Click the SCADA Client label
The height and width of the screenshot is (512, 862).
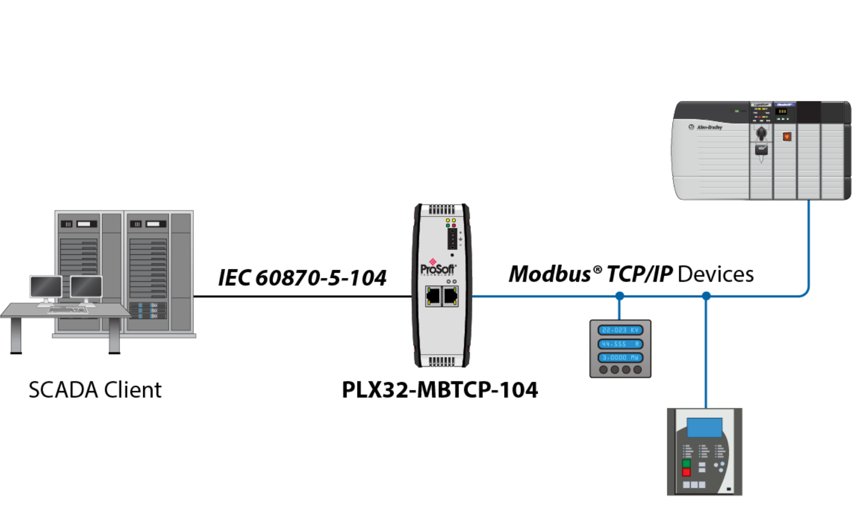click(x=95, y=390)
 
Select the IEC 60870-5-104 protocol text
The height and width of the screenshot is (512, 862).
click(x=302, y=278)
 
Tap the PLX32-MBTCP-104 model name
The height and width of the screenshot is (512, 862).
click(x=439, y=390)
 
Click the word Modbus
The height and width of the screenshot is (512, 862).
click(x=549, y=274)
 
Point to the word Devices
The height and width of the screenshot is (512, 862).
click(x=715, y=274)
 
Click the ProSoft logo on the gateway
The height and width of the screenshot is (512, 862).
click(x=438, y=268)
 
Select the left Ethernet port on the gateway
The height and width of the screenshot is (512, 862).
click(x=434, y=296)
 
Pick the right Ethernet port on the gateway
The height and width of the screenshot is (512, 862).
click(x=451, y=296)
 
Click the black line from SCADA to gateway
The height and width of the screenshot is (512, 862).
click(x=302, y=296)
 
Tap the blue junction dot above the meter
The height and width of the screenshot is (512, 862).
click(x=620, y=296)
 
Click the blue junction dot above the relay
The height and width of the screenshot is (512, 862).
click(x=706, y=296)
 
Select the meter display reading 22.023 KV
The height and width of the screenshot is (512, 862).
click(x=620, y=330)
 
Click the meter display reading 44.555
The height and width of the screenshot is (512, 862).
click(x=620, y=344)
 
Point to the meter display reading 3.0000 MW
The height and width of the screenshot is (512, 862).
click(x=620, y=358)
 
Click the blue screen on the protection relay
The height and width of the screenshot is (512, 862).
click(x=704, y=428)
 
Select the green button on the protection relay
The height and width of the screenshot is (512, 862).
click(x=686, y=464)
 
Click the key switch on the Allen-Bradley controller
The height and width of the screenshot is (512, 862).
click(x=761, y=133)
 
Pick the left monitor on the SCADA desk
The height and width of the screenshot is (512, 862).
click(x=46, y=287)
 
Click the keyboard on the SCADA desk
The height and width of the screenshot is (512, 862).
click(x=68, y=310)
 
